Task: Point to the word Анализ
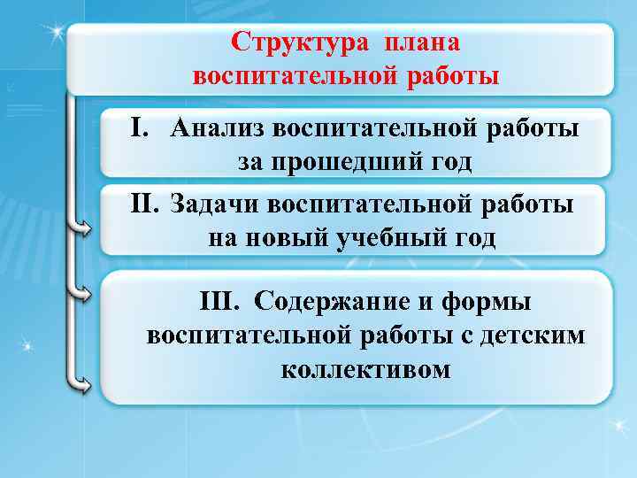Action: pos(217,129)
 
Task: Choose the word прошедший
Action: pos(340,163)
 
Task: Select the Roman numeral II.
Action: pos(144,205)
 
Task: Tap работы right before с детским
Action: pos(411,335)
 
